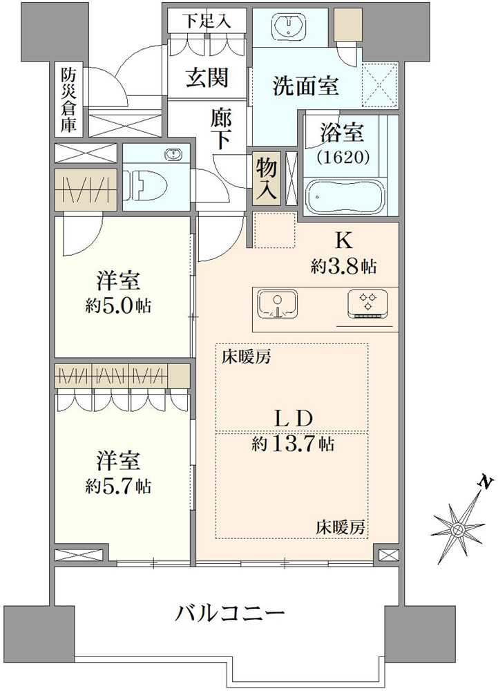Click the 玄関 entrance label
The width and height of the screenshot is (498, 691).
pos(206,79)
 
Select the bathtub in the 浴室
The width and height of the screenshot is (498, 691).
pos(346,197)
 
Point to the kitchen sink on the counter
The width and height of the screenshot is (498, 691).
pos(277,304)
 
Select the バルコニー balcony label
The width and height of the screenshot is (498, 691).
pos(230,612)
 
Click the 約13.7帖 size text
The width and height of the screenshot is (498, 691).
pos(293,444)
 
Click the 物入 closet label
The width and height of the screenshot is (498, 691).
pos(266,178)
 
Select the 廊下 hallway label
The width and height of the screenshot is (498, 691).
pos(221,129)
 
